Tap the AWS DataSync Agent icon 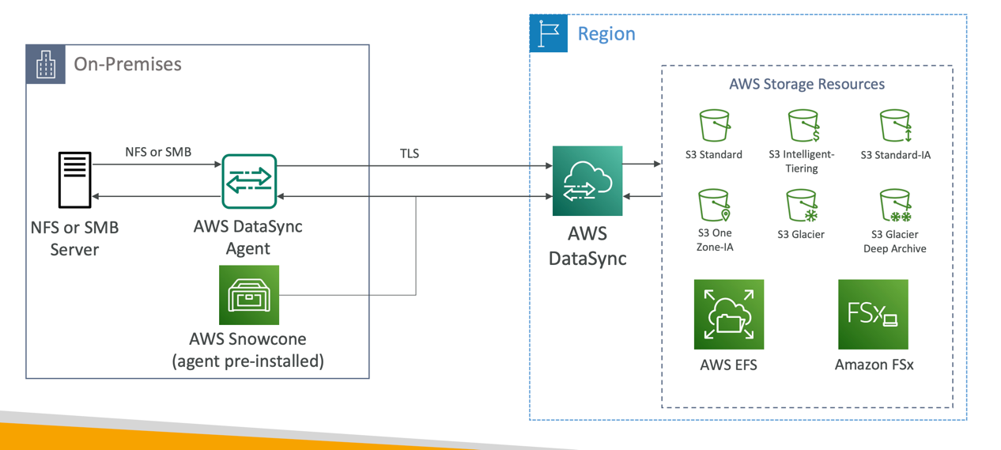pyautogui.click(x=249, y=181)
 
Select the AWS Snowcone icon pyautogui.click(x=249, y=295)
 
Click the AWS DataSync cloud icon pyautogui.click(x=587, y=181)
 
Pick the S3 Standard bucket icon pyautogui.click(x=714, y=126)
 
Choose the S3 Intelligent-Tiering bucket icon pyautogui.click(x=803, y=126)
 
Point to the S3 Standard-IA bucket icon pyautogui.click(x=895, y=126)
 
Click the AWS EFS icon pyautogui.click(x=728, y=314)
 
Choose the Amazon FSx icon pyautogui.click(x=873, y=314)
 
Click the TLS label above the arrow pyautogui.click(x=409, y=153)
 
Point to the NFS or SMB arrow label pyautogui.click(x=158, y=152)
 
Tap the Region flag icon pyautogui.click(x=548, y=33)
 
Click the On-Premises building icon pyautogui.click(x=46, y=64)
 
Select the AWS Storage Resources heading pyautogui.click(x=806, y=84)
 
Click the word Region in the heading pyautogui.click(x=606, y=34)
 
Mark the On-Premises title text pyautogui.click(x=127, y=64)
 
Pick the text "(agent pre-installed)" pyautogui.click(x=247, y=361)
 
